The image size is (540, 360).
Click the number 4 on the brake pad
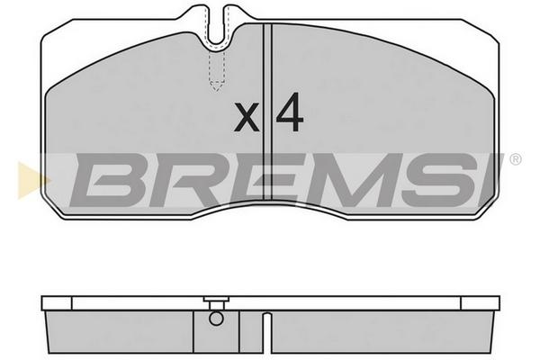click(x=289, y=112)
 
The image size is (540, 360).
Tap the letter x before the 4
click(x=247, y=117)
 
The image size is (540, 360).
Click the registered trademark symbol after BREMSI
click(x=515, y=159)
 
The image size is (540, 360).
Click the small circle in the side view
click(x=216, y=319)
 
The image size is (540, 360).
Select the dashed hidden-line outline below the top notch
click(x=217, y=70)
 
